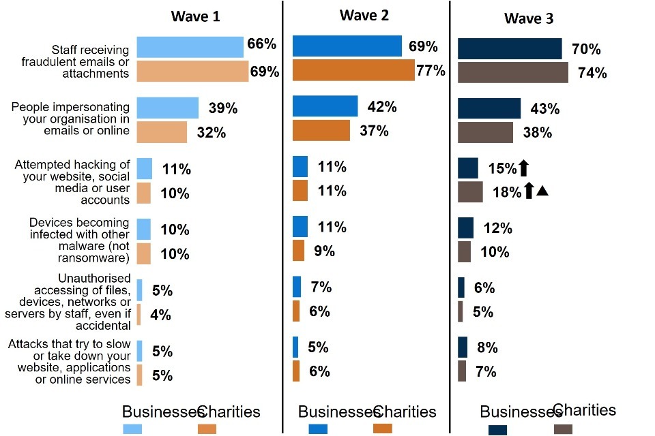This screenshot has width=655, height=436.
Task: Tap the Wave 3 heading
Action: (x=529, y=18)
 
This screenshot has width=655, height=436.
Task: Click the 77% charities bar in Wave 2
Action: (x=353, y=70)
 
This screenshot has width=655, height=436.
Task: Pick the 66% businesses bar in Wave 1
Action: (x=190, y=46)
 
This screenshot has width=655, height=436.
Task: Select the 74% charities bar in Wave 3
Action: (x=512, y=73)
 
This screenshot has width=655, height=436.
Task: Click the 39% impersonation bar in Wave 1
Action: (x=167, y=108)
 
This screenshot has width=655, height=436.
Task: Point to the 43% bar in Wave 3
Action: (x=489, y=109)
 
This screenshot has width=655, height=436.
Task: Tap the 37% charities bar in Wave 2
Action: (x=321, y=130)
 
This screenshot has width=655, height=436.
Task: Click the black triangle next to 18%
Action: (x=542, y=191)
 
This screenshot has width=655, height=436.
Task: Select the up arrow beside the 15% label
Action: (x=524, y=168)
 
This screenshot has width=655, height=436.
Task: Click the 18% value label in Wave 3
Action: (x=507, y=192)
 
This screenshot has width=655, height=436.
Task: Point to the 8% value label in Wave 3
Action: (x=487, y=348)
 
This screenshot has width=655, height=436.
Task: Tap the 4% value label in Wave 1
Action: (x=162, y=315)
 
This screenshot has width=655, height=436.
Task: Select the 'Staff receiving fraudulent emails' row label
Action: (x=89, y=61)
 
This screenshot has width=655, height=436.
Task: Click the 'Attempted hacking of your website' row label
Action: (x=72, y=182)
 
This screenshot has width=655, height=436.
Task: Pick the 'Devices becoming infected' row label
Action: (x=78, y=240)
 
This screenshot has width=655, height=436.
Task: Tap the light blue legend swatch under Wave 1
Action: (x=132, y=429)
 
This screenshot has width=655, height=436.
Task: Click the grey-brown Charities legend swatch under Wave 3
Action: (x=563, y=429)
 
